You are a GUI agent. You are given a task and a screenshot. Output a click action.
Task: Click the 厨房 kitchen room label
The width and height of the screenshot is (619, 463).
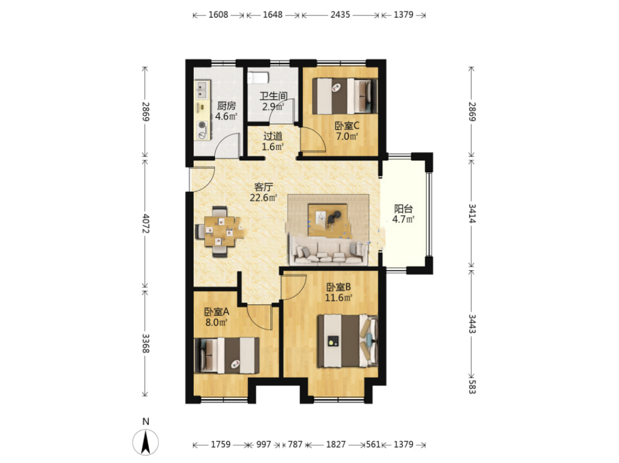[x=227, y=106]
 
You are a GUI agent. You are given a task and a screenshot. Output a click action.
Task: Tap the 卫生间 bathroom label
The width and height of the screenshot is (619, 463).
[x=273, y=96]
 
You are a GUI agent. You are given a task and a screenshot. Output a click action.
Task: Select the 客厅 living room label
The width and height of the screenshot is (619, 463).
[x=263, y=187]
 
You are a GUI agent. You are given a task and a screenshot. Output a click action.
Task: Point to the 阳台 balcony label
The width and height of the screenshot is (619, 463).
[x=403, y=209]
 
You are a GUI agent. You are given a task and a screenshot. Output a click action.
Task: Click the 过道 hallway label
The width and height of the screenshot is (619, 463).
[x=273, y=136]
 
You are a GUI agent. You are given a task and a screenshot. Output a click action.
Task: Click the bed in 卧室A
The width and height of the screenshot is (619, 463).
[x=227, y=355]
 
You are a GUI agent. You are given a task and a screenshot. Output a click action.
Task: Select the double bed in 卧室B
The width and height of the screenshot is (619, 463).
[x=348, y=340]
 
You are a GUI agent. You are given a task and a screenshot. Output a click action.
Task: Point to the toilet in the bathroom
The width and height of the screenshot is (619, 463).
[x=258, y=77]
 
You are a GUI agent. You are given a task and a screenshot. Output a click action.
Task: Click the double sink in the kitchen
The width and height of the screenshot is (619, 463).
[x=203, y=90]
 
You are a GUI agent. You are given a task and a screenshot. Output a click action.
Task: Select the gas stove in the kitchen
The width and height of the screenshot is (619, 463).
[x=203, y=130]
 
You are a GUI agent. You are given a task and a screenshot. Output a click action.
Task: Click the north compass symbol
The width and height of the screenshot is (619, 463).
[x=146, y=441]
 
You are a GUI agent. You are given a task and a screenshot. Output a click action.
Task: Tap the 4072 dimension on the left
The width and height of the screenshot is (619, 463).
[x=146, y=224]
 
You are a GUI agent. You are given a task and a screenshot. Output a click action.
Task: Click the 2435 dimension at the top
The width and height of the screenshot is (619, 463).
[x=340, y=15]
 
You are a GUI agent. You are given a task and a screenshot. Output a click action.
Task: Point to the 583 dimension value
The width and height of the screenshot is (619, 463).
[x=472, y=386]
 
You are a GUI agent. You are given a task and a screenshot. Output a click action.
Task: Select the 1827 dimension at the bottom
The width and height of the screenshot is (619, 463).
[x=336, y=445]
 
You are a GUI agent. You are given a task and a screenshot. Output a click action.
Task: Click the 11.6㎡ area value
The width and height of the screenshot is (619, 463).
[x=338, y=298]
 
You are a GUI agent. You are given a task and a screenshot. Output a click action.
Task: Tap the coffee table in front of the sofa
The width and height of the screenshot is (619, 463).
[x=327, y=219]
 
